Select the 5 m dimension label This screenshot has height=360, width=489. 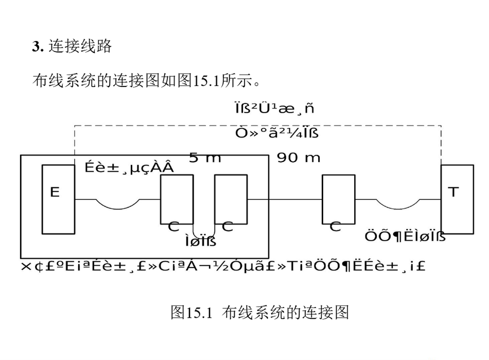tap(204, 157)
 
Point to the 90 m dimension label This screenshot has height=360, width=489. tap(299, 157)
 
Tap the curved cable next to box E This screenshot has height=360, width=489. tap(117, 204)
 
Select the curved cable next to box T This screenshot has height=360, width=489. tap(399, 204)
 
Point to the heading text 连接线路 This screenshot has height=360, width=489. tap(80, 47)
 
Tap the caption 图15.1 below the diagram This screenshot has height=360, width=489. tap(191, 312)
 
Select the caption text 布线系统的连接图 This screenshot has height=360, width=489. tap(286, 312)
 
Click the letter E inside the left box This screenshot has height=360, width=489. tap(55, 192)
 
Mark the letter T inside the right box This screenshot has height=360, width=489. tap(453, 192)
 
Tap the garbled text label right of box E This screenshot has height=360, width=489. tap(129, 167)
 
